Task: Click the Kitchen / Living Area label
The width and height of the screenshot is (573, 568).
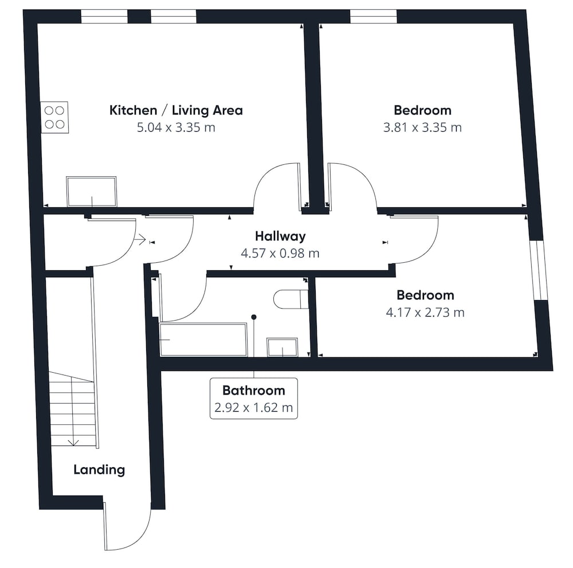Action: click(x=176, y=110)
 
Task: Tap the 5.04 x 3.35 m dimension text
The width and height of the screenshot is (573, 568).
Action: click(x=176, y=128)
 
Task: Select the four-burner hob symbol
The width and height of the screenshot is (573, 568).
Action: click(x=55, y=117)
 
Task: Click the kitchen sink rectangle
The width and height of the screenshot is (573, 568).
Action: click(x=91, y=192)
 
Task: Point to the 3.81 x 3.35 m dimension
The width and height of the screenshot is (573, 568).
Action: click(x=422, y=128)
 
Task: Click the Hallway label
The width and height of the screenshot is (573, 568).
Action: click(x=280, y=236)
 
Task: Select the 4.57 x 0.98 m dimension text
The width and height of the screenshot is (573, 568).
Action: click(x=280, y=253)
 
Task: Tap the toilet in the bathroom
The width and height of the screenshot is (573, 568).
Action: click(x=291, y=299)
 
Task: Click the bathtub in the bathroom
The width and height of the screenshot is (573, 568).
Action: click(x=203, y=340)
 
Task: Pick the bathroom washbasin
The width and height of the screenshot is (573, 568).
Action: click(x=282, y=347)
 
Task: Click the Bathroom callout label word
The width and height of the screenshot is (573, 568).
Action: click(x=254, y=391)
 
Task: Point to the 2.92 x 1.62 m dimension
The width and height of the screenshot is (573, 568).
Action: click(x=254, y=407)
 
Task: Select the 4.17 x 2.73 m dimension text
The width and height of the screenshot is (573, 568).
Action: click(x=425, y=313)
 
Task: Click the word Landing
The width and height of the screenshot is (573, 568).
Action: click(x=99, y=470)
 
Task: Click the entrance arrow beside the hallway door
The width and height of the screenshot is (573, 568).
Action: click(x=140, y=240)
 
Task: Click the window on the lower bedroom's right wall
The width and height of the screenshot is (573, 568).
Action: click(x=539, y=270)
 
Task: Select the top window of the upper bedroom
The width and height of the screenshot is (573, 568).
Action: click(x=373, y=17)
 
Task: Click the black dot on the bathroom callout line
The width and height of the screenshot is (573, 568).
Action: click(x=254, y=317)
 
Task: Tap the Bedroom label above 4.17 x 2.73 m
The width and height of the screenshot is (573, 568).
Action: click(x=425, y=295)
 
